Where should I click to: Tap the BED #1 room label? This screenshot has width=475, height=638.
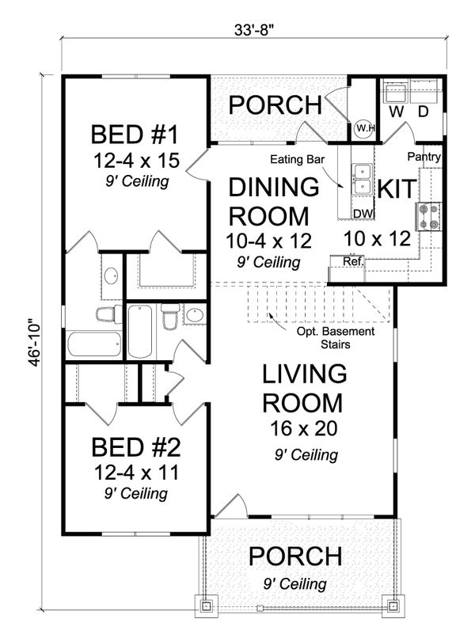tap(136, 131)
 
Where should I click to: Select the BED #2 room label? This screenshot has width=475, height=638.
tap(136, 449)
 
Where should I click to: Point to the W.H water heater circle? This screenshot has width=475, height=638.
tap(363, 127)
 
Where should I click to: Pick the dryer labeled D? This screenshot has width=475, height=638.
tap(423, 112)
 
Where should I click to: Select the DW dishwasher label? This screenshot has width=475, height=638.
tap(363, 213)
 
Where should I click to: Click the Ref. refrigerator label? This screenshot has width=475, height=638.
tap(352, 260)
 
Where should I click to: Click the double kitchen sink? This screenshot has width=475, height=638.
tap(363, 180)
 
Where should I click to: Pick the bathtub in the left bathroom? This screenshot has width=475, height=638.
tap(93, 344)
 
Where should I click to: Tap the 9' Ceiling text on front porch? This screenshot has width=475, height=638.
tap(294, 584)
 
